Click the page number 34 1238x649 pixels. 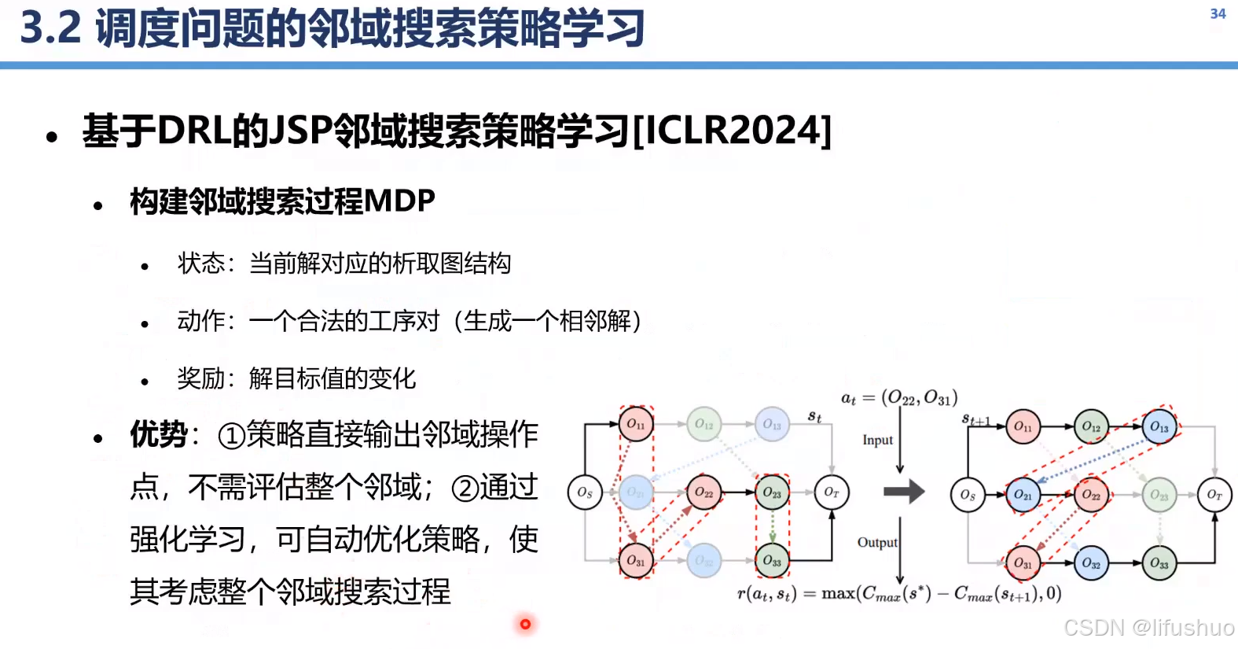[x=1218, y=13]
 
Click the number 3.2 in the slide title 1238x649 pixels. [x=50, y=28]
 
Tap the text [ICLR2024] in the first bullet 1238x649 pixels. [x=731, y=130]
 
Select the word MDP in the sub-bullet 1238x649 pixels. [x=399, y=201]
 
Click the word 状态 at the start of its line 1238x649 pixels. [x=200, y=264]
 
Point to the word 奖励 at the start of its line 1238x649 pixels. [x=200, y=378]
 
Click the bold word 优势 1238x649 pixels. [x=159, y=434]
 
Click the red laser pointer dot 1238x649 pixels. [x=525, y=624]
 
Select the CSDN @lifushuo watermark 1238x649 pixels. [x=1148, y=627]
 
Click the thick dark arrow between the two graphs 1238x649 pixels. [x=904, y=492]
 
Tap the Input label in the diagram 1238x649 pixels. [x=877, y=440]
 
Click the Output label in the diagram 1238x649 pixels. [x=877, y=542]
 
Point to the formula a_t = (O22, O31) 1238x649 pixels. [x=899, y=398]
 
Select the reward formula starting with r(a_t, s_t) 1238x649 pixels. [x=899, y=594]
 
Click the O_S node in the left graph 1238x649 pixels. [x=585, y=492]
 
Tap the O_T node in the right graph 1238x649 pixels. [x=1214, y=495]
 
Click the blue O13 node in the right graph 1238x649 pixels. [x=1159, y=426]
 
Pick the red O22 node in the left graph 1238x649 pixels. [x=703, y=492]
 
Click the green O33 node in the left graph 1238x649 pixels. [x=772, y=561]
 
